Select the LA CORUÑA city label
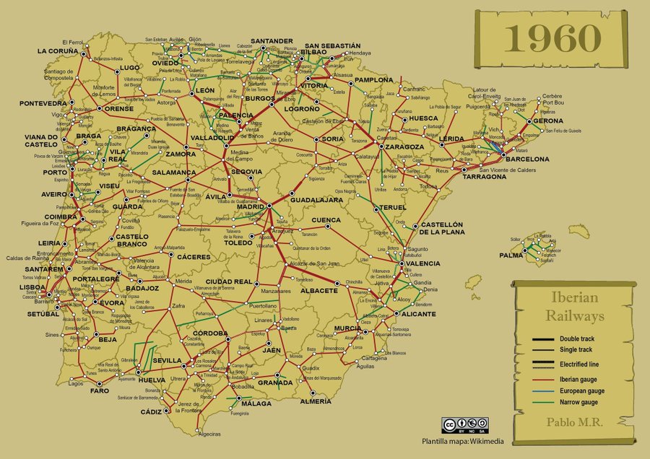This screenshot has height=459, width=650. pyautogui.click(x=58, y=51)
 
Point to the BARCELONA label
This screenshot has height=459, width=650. pyautogui.click(x=529, y=159)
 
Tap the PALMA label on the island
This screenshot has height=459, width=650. pyautogui.click(x=511, y=255)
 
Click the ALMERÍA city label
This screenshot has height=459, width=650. pyautogui.click(x=315, y=401)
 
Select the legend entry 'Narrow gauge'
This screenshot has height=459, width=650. pyautogui.click(x=581, y=401)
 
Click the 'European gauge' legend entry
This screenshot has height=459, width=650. pyautogui.click(x=581, y=390)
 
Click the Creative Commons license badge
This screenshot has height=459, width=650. pyautogui.click(x=465, y=425)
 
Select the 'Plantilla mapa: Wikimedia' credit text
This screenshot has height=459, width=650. pyautogui.click(x=462, y=440)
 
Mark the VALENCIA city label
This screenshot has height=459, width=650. pyautogui.click(x=422, y=263)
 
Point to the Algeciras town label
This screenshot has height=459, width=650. pyautogui.click(x=208, y=434)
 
